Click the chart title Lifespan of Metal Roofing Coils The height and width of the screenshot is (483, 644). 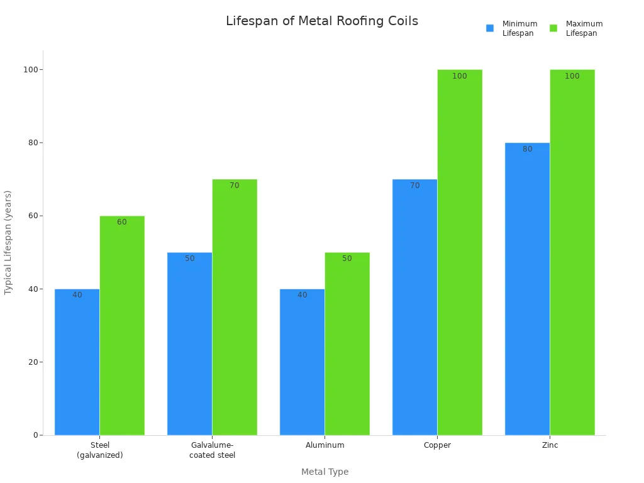click(x=321, y=21)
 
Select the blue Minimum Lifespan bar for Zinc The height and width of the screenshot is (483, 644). click(x=527, y=289)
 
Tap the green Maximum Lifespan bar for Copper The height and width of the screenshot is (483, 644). click(x=460, y=252)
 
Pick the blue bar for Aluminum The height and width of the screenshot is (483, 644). click(x=302, y=362)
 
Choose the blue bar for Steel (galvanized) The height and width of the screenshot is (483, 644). click(x=77, y=362)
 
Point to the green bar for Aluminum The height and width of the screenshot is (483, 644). click(x=347, y=343)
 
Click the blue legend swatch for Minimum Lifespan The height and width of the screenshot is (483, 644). click(x=490, y=28)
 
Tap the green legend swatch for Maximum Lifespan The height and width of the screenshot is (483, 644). click(x=553, y=28)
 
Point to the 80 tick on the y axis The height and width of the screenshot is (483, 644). click(x=31, y=143)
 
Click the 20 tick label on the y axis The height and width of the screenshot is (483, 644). click(x=31, y=362)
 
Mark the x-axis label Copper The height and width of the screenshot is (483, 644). click(x=437, y=445)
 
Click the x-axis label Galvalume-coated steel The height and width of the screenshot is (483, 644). click(x=212, y=450)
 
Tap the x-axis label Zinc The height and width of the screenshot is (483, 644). click(x=550, y=445)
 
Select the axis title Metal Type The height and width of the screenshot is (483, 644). click(x=325, y=472)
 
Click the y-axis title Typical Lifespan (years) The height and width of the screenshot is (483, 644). click(x=9, y=242)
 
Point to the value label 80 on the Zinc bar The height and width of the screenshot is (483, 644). click(x=527, y=149)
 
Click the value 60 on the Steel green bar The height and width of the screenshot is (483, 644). click(x=122, y=222)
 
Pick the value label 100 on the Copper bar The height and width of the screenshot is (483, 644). click(x=460, y=76)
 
